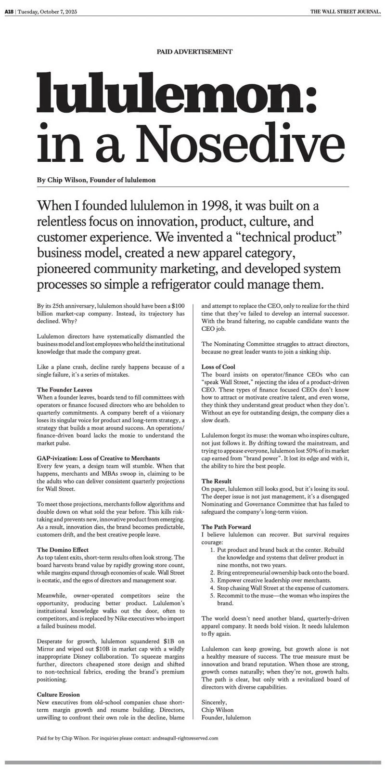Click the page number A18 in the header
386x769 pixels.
click(x=9, y=12)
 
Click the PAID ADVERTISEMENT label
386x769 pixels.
click(x=194, y=52)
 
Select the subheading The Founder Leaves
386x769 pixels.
click(x=64, y=390)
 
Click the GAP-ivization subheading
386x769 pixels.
click(x=98, y=458)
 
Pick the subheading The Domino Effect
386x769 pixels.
click(x=63, y=549)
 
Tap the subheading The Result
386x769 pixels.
click(x=216, y=481)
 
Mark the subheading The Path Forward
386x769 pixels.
click(x=226, y=527)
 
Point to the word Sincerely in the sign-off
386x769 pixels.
click(x=214, y=702)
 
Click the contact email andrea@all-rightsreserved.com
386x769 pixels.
click(x=185, y=738)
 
